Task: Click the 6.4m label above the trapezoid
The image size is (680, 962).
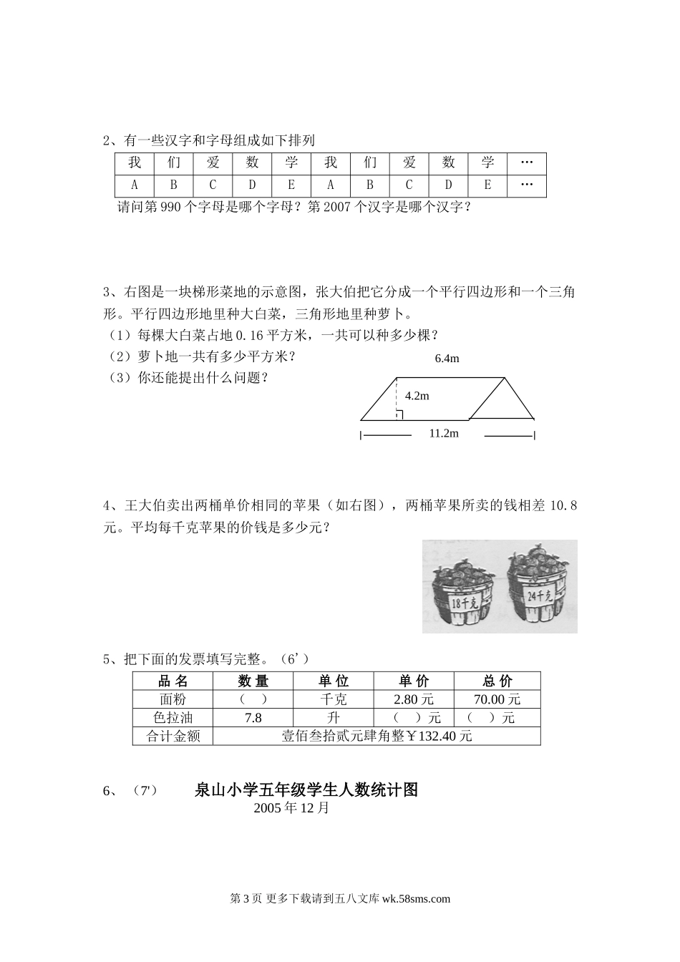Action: [447, 359]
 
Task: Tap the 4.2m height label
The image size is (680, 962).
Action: [417, 395]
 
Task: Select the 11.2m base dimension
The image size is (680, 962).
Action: [444, 433]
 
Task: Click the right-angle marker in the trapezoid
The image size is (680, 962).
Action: [399, 414]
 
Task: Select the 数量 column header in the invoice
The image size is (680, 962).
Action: [253, 681]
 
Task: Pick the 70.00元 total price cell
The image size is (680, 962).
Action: [497, 699]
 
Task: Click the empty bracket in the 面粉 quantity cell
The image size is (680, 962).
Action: [253, 699]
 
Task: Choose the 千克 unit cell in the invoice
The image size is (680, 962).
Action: [334, 699]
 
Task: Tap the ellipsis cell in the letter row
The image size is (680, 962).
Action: [527, 185]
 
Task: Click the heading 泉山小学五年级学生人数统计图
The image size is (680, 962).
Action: [306, 790]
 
